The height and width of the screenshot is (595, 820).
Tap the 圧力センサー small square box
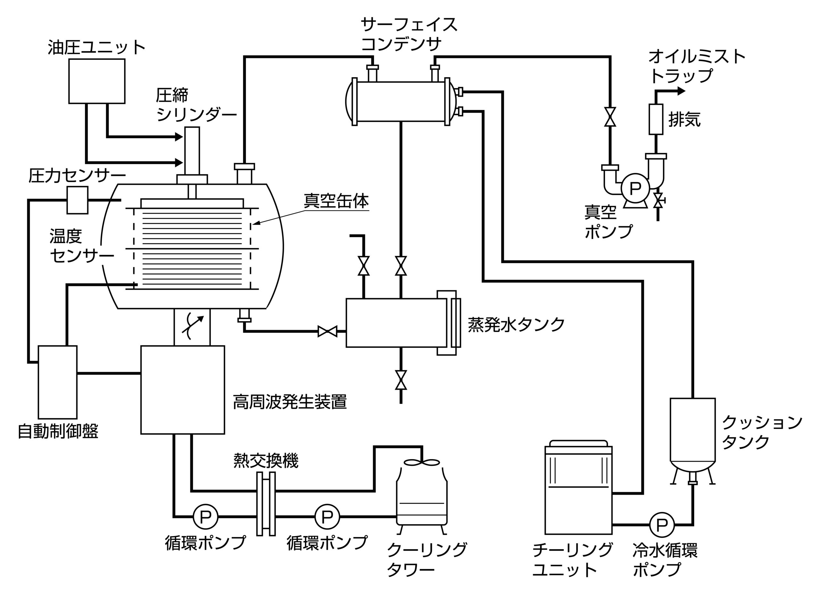pyautogui.click(x=77, y=200)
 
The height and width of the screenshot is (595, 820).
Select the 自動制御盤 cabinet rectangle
pyautogui.click(x=57, y=382)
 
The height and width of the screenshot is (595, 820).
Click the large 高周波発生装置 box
pyautogui.click(x=182, y=390)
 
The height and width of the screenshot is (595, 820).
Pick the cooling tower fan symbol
pyautogui.click(x=422, y=462)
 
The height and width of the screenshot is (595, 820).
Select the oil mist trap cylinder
pyautogui.click(x=656, y=119)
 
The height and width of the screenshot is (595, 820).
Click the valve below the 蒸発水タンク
pyautogui.click(x=401, y=380)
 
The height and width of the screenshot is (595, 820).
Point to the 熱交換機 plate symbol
pyautogui.click(x=266, y=504)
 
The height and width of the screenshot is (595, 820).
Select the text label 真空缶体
pyautogui.click(x=336, y=201)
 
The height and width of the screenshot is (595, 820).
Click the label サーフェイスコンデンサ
pyautogui.click(x=408, y=34)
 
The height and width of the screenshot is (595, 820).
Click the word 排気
pyautogui.click(x=684, y=119)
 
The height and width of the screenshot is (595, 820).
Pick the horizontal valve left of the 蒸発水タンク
pyautogui.click(x=327, y=331)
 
